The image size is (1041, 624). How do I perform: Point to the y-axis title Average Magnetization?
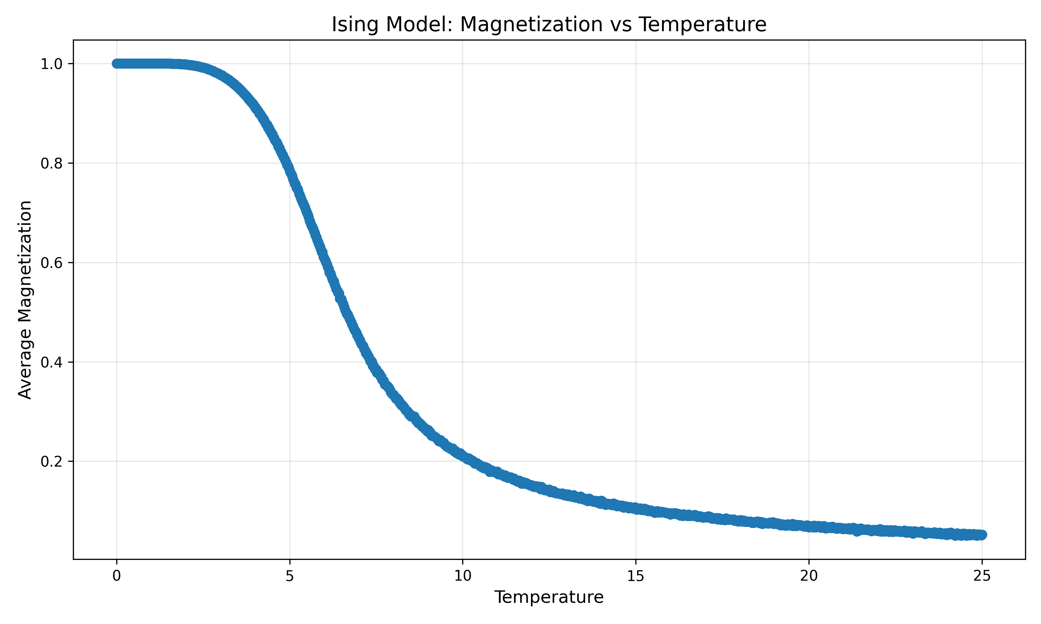click(25, 300)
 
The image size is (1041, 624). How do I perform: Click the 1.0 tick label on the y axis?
click(51, 64)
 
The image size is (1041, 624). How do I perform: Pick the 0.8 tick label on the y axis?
click(51, 163)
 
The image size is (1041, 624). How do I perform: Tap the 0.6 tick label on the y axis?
click(51, 263)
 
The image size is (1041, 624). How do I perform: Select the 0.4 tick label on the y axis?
click(51, 362)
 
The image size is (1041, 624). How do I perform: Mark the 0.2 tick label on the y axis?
click(51, 462)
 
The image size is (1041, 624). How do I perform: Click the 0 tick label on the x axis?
click(117, 576)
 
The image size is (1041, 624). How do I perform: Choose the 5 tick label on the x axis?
click(289, 576)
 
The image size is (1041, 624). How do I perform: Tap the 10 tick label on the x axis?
click(463, 576)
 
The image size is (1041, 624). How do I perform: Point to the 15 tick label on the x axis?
click(635, 576)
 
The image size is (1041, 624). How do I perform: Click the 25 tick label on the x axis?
click(982, 576)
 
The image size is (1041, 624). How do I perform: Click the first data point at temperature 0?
click(117, 63)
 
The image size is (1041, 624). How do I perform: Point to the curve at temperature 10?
click(463, 456)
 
